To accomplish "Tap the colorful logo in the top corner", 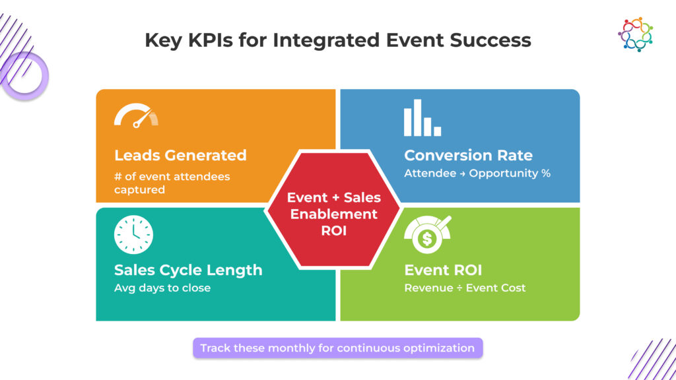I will (x=635, y=34).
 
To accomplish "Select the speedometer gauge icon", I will (x=136, y=115).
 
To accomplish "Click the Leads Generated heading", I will (x=180, y=156).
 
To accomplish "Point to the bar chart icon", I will (x=422, y=118).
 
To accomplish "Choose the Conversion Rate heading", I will (x=468, y=156).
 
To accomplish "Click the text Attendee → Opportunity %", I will (x=477, y=174).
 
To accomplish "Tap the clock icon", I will (x=133, y=234).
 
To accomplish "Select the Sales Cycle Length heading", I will (x=188, y=270).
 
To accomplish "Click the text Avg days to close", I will (x=162, y=288).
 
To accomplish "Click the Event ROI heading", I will (x=443, y=270).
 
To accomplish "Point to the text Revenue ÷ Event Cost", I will (x=465, y=288).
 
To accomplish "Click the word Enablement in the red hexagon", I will (x=334, y=214).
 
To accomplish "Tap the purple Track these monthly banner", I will (x=337, y=348).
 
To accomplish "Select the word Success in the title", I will (x=490, y=40).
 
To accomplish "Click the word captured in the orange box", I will (x=139, y=189).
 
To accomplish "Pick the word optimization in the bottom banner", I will (x=438, y=348).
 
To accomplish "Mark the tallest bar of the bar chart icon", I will (x=408, y=118).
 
